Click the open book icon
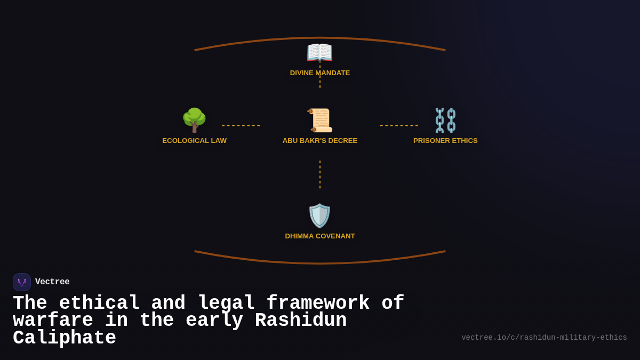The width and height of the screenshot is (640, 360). point(319,53)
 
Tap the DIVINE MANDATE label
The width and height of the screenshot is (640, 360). point(320,73)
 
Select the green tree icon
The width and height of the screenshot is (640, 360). point(194,120)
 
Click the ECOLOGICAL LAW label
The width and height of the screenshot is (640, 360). point(194,141)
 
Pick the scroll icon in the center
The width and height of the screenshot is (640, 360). point(319,120)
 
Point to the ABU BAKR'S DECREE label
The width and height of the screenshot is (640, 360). point(320,141)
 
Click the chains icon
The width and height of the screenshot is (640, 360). point(445,120)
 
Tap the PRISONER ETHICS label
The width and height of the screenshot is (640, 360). point(445,141)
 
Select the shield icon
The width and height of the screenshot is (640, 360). point(319,215)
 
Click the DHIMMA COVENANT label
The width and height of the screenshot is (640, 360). point(320,236)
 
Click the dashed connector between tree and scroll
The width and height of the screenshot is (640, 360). point(241,126)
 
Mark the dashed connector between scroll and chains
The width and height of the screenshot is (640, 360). point(399,126)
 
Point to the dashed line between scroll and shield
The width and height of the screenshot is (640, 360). point(320,174)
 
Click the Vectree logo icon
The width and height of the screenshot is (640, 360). point(22,282)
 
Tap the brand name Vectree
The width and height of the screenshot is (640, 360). point(52,282)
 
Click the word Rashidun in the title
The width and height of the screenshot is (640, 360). point(301,321)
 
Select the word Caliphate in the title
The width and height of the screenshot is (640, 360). point(65,338)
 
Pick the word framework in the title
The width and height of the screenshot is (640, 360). point(318,303)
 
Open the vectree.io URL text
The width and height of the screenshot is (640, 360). point(544,338)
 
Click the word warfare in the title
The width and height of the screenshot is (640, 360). point(53,321)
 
